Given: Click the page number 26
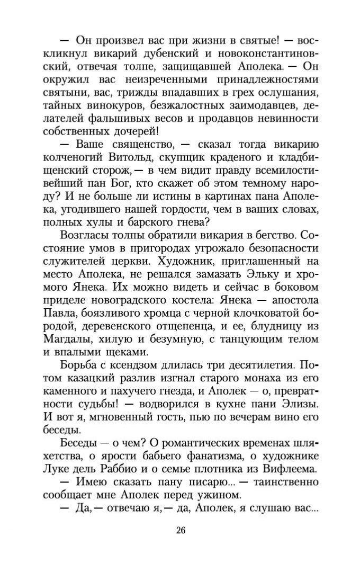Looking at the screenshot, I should pyautogui.click(x=180, y=530).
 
